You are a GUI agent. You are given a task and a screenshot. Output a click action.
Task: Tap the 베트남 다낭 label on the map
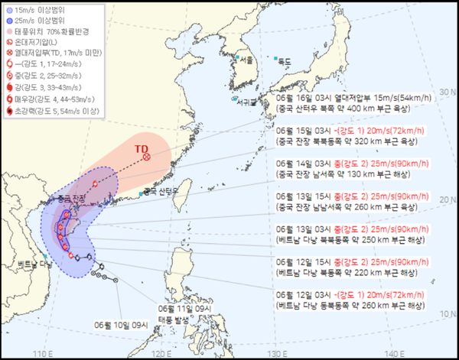[x=33, y=264]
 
